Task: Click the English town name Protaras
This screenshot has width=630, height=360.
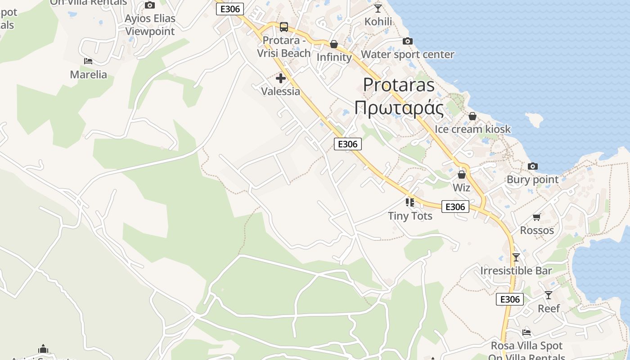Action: tap(399, 85)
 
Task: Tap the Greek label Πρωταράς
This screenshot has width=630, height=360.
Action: tap(399, 108)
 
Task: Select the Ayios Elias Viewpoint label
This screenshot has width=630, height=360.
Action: tap(150, 25)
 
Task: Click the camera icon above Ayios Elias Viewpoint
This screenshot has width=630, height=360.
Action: tap(150, 5)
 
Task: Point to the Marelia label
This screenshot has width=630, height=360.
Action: tap(89, 75)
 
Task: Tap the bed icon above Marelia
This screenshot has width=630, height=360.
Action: tap(88, 61)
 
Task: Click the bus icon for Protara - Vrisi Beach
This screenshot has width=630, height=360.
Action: tap(284, 27)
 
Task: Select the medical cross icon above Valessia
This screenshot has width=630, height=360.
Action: tap(281, 78)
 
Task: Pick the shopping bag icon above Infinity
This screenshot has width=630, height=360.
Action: tap(334, 44)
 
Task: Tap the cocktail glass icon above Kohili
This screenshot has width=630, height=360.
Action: tap(378, 8)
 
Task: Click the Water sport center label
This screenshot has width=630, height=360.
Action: tap(408, 54)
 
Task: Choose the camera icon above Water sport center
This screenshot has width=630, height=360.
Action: tap(407, 41)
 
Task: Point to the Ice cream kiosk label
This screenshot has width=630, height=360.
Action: tap(472, 129)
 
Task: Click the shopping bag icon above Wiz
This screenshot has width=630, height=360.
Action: tap(462, 175)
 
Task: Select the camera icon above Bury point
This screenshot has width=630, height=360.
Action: tap(533, 166)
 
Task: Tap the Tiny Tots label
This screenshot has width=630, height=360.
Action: tap(410, 216)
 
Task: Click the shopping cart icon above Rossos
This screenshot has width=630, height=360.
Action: tap(537, 217)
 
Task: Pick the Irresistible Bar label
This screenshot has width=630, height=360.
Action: tap(516, 271)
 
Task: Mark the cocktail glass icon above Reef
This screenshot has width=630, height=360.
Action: tap(549, 295)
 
